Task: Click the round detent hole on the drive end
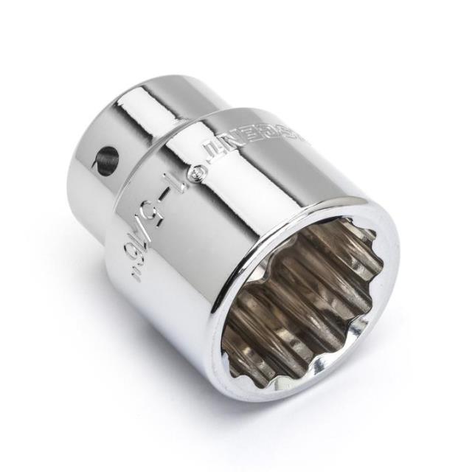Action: click(x=108, y=160)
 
